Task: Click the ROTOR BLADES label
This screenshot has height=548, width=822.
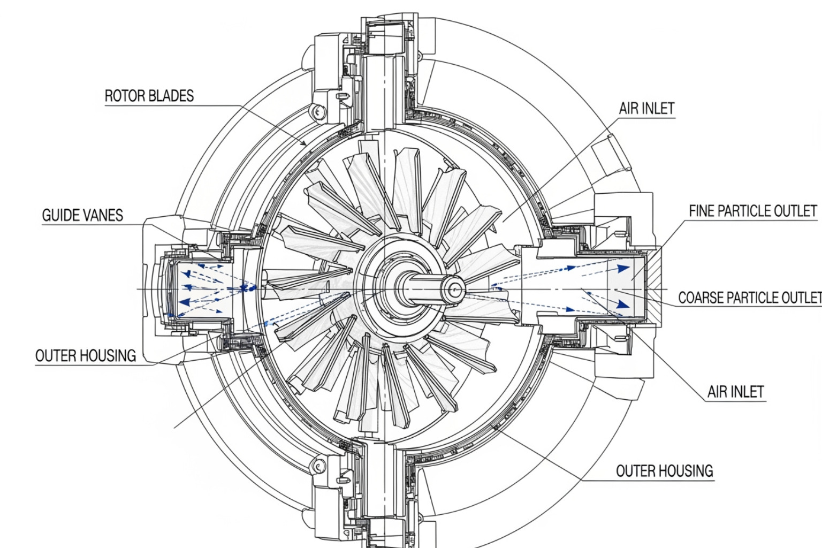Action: click(149, 96)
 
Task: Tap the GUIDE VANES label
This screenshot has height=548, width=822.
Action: click(82, 215)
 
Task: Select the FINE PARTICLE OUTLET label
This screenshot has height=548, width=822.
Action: click(752, 211)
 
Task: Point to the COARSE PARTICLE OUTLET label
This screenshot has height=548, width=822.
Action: click(749, 298)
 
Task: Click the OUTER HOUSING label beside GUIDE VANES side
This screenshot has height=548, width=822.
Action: click(86, 356)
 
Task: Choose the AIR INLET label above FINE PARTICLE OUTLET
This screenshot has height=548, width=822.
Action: click(646, 108)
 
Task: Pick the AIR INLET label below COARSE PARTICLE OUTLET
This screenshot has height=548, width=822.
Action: click(735, 392)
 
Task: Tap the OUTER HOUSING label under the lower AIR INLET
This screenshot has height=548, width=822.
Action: click(664, 471)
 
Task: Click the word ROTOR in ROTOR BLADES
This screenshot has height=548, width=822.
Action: click(125, 96)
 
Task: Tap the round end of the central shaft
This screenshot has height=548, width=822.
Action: click(455, 290)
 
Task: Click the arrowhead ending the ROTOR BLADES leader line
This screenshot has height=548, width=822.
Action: click(304, 143)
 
